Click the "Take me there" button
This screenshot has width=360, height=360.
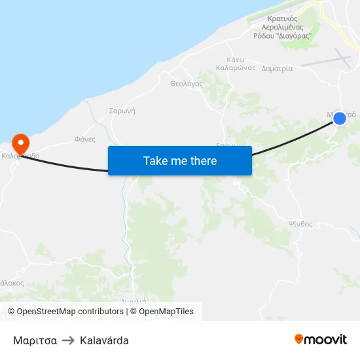pos(180,160)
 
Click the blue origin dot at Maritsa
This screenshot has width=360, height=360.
pos(339,118)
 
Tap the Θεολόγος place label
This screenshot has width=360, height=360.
pos(186,84)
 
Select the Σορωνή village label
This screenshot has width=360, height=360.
pos(122,111)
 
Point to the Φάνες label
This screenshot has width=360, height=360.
pos(85,139)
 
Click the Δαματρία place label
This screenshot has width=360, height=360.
pos(277,68)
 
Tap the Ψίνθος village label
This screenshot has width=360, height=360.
pos(300,224)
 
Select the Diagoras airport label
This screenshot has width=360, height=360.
pos(282,27)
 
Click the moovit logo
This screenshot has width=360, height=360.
pos(320,339)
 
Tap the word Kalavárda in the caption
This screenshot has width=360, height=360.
pos(104,340)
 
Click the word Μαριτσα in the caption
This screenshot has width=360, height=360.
pos(35,340)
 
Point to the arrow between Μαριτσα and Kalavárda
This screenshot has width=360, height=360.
pos(68,340)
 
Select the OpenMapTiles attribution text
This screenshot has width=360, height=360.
pos(166,312)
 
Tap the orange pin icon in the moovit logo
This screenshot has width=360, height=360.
pos(298,339)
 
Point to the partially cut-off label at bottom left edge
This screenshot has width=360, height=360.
pos(11,283)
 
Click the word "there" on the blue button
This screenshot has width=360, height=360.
pos(202,160)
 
